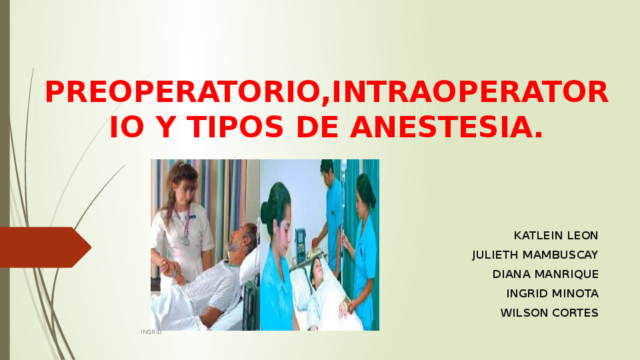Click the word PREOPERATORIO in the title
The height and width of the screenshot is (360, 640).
pos(182,93)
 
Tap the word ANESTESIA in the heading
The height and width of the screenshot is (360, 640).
pos(446,127)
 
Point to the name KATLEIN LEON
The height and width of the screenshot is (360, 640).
pos(556,235)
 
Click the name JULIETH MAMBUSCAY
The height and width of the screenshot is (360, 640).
pos(535,255)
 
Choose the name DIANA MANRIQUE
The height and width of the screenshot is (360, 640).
pos(545,274)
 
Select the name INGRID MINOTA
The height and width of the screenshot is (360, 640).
pos(552,293)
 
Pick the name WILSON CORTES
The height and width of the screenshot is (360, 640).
pos(549,313)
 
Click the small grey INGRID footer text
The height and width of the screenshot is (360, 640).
pos(151,331)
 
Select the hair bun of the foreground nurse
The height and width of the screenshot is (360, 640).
pos(266,211)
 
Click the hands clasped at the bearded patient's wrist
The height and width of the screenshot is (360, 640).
pos(171,268)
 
